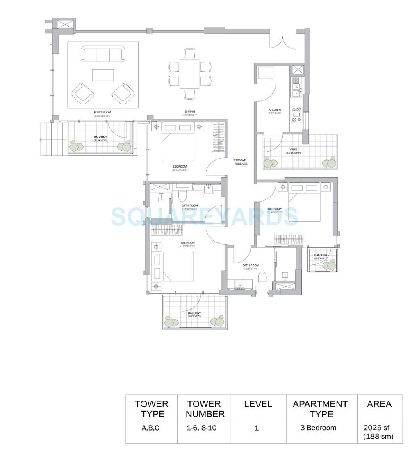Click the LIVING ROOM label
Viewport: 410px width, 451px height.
click(x=102, y=112)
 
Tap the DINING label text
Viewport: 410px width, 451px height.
click(x=189, y=111)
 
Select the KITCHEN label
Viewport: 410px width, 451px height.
click(x=275, y=110)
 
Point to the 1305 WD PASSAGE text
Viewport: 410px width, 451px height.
click(x=241, y=162)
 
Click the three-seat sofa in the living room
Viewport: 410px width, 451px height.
click(x=103, y=54)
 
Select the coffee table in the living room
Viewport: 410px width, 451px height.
click(x=102, y=75)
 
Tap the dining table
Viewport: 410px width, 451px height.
click(x=189, y=74)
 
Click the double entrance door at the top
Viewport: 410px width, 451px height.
click(x=282, y=41)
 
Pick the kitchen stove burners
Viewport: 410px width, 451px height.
click(x=296, y=115)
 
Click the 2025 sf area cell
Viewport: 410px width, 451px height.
click(x=378, y=432)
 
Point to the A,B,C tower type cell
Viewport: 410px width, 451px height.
click(x=151, y=428)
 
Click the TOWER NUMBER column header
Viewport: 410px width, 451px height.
click(x=205, y=409)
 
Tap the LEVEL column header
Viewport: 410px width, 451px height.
click(x=258, y=404)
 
